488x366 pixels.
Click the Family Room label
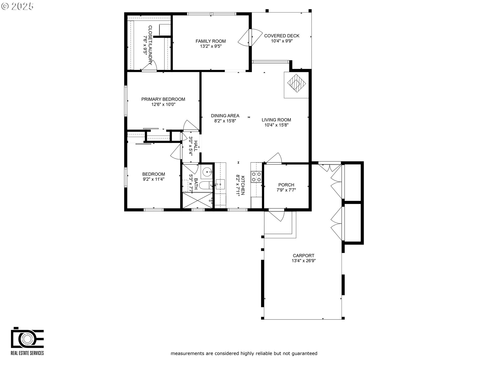210,41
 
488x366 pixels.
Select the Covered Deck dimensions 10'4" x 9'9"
282,41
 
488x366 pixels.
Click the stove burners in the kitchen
256,177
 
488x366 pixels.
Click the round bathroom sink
208,172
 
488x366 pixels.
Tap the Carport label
303,256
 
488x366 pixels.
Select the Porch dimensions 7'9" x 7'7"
286,190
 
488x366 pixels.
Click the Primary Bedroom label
163,99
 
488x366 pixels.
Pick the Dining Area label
225,116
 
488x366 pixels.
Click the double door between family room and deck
250,38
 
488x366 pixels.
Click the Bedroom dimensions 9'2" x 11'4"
154,179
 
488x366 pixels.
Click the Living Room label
276,120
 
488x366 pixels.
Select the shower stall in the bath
197,201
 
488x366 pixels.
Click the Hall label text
196,146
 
